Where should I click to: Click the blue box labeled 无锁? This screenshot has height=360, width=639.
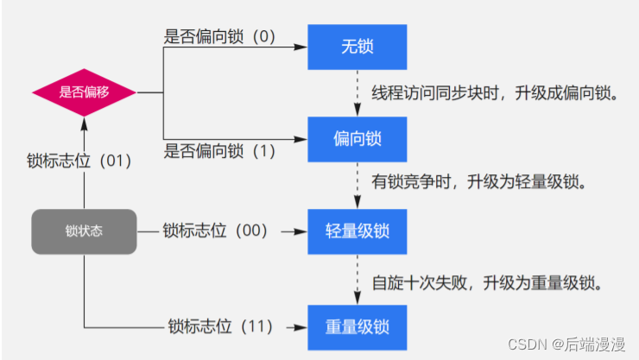click(357, 46)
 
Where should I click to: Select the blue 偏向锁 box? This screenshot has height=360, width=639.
click(357, 137)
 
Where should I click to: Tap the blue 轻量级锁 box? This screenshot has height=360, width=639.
click(357, 231)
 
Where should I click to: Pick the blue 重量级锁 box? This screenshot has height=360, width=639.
click(357, 326)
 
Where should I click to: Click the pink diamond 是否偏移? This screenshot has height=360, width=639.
click(85, 92)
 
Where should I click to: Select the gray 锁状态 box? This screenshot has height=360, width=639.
click(85, 231)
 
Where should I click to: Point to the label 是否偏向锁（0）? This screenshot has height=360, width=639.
click(220, 37)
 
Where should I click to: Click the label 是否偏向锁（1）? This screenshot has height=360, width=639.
click(220, 151)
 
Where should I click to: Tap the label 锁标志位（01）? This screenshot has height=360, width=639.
click(84, 161)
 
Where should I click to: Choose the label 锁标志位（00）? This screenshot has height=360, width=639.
click(217, 231)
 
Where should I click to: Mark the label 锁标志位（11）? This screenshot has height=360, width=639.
click(220, 326)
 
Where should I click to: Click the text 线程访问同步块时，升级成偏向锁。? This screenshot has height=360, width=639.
click(496, 92)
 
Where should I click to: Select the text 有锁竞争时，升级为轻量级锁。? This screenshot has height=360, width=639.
click(480, 183)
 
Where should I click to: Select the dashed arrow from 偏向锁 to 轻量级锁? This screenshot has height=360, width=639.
click(357, 184)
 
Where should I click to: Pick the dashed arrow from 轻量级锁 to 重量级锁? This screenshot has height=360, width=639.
click(357, 278)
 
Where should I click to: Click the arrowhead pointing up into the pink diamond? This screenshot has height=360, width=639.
click(85, 123)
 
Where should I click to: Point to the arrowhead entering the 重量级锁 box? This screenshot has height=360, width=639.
click(302, 326)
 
